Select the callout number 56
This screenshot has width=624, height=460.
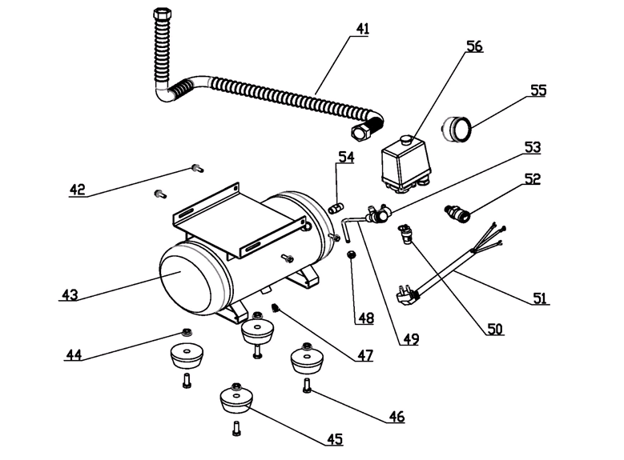[x=474, y=46]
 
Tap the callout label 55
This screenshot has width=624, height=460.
[x=537, y=90]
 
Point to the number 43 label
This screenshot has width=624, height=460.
[x=70, y=294]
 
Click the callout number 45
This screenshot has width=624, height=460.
[x=334, y=438]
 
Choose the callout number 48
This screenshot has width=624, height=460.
[x=365, y=318]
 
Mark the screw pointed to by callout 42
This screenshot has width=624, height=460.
[x=195, y=167]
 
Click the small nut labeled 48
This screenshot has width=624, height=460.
[x=351, y=255]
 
